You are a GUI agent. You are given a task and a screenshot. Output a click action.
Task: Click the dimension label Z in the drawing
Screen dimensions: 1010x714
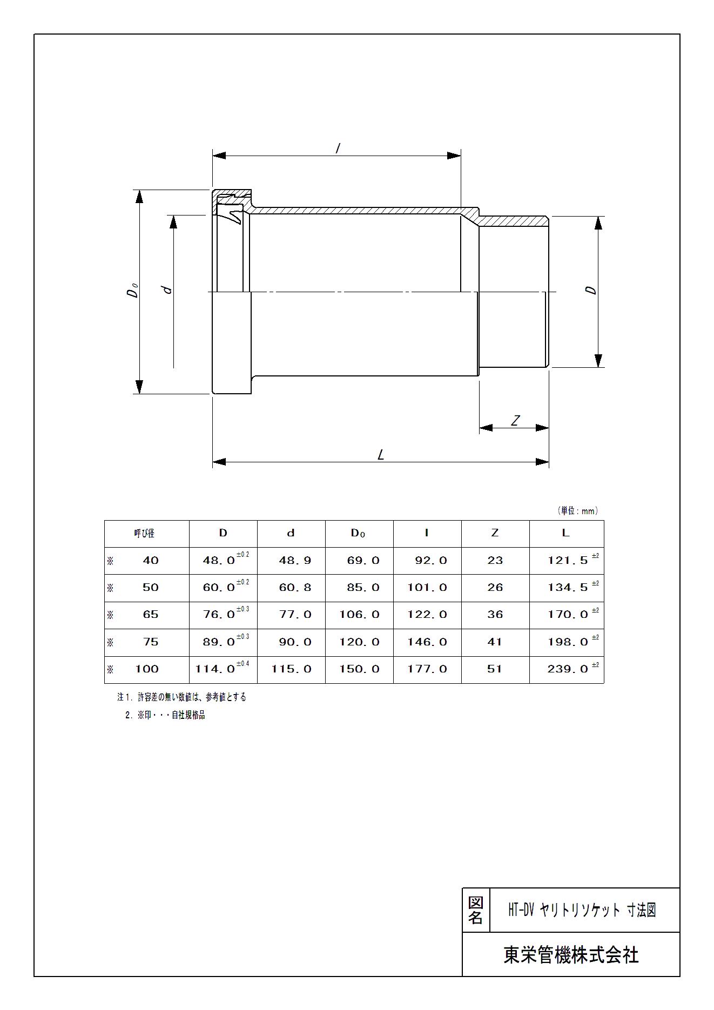point(515,420)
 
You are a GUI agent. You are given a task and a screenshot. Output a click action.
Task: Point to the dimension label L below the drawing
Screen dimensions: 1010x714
point(381,455)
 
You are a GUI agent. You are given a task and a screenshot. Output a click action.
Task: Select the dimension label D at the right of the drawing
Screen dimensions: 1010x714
point(592,289)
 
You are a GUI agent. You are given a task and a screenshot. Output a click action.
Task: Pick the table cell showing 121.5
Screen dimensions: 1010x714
point(568,561)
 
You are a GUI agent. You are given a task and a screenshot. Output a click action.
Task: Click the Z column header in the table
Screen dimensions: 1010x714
point(495,533)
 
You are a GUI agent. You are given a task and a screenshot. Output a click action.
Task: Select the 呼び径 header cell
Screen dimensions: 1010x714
point(144,534)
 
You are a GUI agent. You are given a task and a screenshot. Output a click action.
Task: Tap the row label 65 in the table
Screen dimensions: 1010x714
point(150,615)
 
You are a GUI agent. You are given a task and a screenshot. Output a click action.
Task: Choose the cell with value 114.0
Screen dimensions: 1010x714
point(215,669)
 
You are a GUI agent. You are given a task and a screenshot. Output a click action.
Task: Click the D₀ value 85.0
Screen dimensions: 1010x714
point(363,588)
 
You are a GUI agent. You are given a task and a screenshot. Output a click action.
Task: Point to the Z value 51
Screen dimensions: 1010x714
point(495,669)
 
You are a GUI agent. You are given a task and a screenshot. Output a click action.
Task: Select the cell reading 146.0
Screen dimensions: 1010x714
point(427,642)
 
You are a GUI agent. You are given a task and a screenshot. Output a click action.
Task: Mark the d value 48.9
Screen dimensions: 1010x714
point(295,561)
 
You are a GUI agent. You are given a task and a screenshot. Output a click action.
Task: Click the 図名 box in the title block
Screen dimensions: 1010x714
point(475,911)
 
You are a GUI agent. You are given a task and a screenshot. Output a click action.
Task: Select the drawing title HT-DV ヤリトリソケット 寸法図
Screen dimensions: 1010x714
point(582,911)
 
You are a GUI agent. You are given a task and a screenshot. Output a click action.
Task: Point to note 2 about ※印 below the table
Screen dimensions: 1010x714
point(165,715)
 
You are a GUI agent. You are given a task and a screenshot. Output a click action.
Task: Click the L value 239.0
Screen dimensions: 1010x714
point(568,669)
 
